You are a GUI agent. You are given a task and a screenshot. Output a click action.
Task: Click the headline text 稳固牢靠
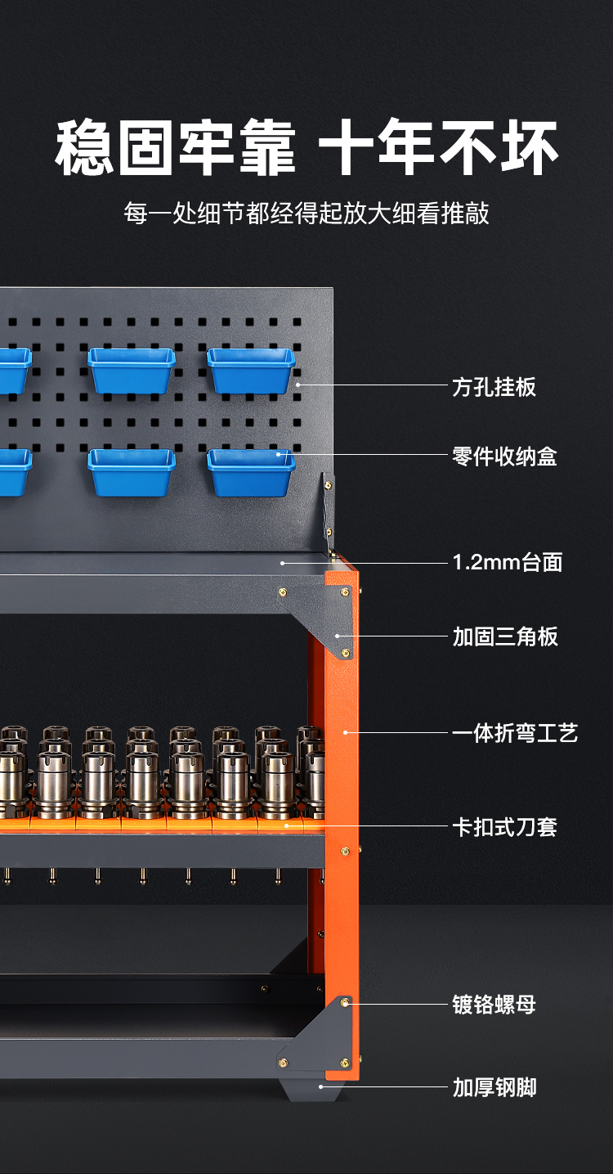[x=176, y=146]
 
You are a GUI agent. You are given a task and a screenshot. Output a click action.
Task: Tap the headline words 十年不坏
[x=439, y=146]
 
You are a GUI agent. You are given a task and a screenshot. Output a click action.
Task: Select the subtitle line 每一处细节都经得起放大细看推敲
[x=306, y=214]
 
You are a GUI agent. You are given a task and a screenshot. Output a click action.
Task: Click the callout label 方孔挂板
[x=494, y=387]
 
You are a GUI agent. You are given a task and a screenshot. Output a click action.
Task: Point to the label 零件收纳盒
[x=504, y=457]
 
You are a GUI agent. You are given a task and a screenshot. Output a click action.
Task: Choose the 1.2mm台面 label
[x=508, y=562]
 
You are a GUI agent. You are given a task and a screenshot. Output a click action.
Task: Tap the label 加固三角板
[x=505, y=636]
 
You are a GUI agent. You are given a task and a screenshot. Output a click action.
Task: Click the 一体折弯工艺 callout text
[x=515, y=733]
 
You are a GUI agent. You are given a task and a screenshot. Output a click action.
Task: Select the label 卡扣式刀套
[x=504, y=826]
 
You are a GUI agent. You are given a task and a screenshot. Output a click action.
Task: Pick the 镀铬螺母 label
[x=494, y=1005]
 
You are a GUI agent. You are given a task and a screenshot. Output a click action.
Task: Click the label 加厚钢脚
[x=494, y=1087]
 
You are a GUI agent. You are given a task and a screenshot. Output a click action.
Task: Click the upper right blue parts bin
[x=251, y=371]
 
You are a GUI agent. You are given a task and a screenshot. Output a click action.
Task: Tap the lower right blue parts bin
[x=251, y=472]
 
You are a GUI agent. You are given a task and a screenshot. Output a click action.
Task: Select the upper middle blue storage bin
[x=132, y=371]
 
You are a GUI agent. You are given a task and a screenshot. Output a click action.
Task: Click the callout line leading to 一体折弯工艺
[x=396, y=733]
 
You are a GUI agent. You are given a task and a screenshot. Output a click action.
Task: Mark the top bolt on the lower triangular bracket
[x=344, y=1003]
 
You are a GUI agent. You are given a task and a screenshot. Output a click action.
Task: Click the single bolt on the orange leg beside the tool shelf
[x=345, y=851]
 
